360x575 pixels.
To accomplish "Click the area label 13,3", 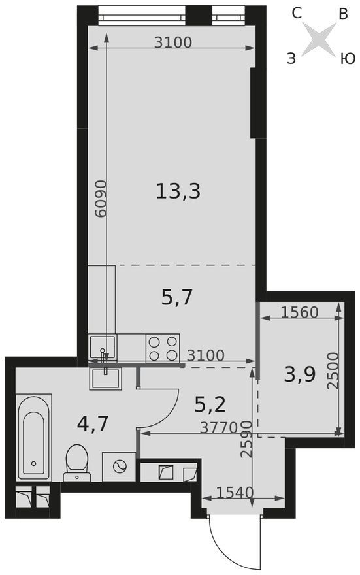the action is (x=178, y=191).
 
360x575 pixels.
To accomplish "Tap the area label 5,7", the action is (x=176, y=297).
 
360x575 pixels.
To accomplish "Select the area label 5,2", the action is (x=210, y=404).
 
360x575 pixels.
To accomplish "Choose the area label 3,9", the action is (x=300, y=374).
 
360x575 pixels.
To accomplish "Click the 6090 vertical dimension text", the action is (x=101, y=199).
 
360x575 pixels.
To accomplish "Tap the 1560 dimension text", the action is (x=299, y=312).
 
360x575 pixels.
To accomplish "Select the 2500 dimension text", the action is (x=333, y=370).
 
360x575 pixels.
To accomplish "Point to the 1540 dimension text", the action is (x=235, y=493).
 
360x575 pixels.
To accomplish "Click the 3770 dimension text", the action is (x=220, y=427).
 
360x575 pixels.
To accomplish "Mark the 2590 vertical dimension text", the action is (x=246, y=439).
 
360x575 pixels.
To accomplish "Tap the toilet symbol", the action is (x=77, y=463).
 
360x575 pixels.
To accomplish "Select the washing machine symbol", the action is (x=119, y=467).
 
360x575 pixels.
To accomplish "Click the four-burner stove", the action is (x=163, y=348).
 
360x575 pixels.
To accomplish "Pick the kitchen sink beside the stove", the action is (x=103, y=348).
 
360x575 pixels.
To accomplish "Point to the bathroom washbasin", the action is (x=105, y=379).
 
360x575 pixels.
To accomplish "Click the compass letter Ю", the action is (x=348, y=59).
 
